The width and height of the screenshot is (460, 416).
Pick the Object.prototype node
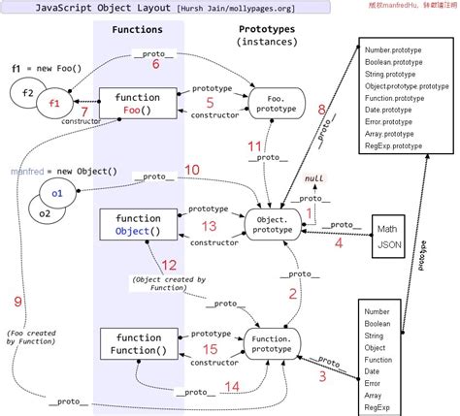[275, 225]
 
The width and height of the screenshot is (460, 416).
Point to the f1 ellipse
[53, 104]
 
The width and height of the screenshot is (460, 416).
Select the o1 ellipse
[57, 194]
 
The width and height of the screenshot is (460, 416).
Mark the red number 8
[321, 111]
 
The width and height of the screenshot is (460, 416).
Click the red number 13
[209, 226]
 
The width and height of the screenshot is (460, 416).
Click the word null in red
[313, 179]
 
